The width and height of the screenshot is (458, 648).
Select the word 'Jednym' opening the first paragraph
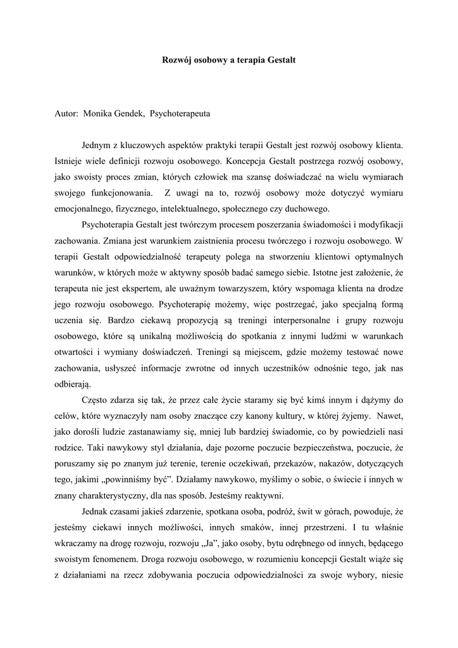coord(97,146)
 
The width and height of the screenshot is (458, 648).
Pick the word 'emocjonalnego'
coord(83,209)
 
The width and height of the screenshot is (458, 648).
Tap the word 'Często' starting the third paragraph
coord(94,399)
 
